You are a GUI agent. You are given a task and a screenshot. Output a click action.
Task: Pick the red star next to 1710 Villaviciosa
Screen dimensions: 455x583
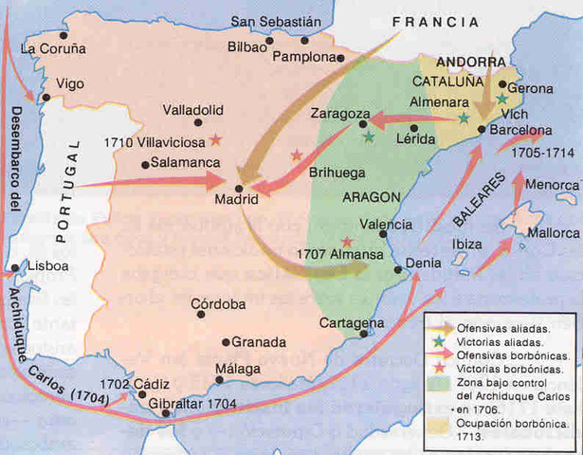[216, 139]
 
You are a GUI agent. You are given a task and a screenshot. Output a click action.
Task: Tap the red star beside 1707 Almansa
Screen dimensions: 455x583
[347, 242]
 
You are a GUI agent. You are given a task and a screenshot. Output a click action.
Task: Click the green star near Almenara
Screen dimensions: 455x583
[463, 118]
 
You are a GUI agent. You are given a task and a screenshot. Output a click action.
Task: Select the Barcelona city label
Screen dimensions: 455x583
[520, 131]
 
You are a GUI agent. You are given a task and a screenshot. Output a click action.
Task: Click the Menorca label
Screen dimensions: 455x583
[550, 185]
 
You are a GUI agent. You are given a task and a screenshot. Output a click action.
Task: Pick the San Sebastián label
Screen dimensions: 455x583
[277, 21]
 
